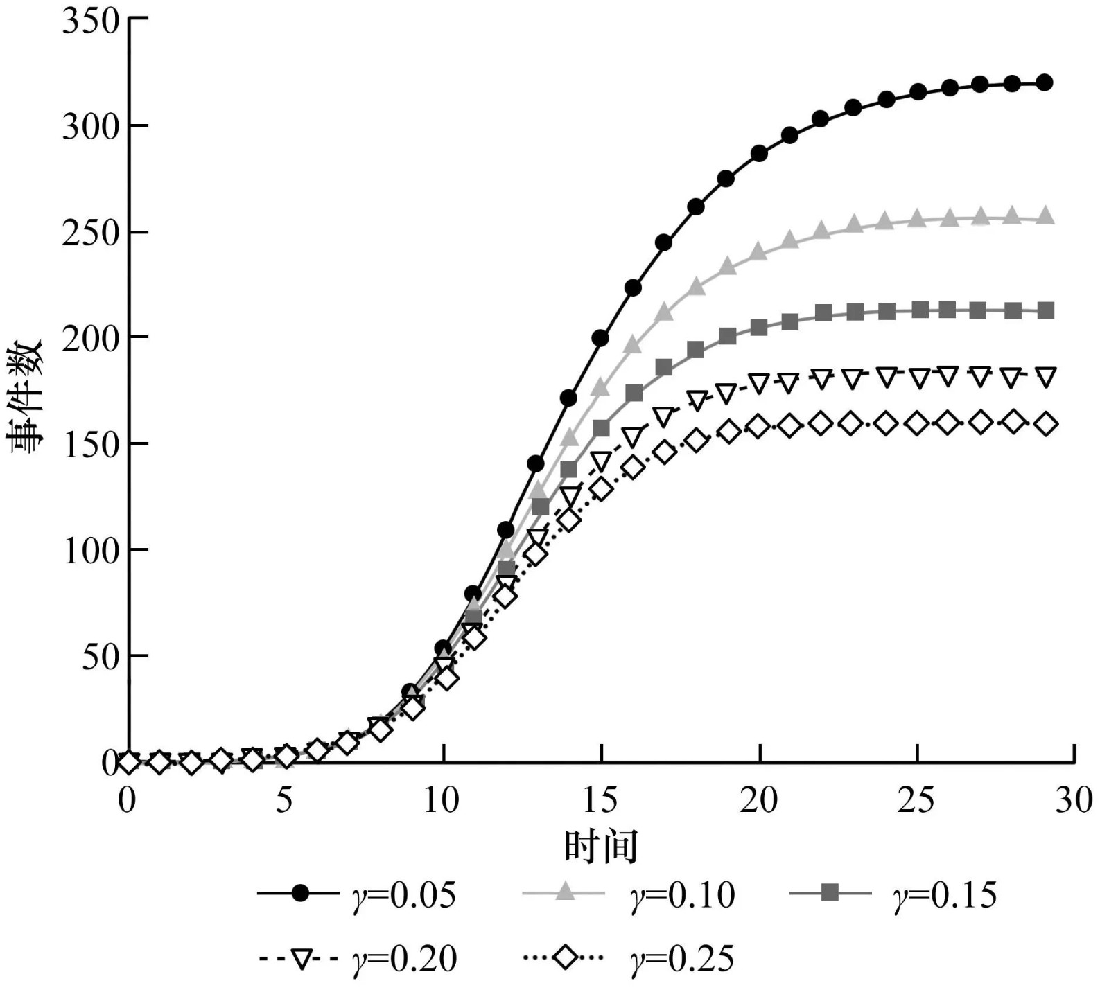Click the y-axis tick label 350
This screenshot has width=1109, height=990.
click(91, 21)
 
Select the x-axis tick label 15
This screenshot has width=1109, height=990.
click(600, 800)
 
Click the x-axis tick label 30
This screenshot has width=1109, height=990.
click(1074, 800)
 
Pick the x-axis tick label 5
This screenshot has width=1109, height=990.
click(284, 800)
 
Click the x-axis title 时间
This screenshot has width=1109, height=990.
click(600, 846)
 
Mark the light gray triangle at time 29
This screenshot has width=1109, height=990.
click(1045, 217)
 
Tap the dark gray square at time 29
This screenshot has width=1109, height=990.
click(1045, 310)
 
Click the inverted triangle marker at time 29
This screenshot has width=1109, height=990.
click(1045, 377)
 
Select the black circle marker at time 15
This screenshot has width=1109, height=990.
click(600, 338)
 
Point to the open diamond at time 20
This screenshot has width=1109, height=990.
click(758, 427)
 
